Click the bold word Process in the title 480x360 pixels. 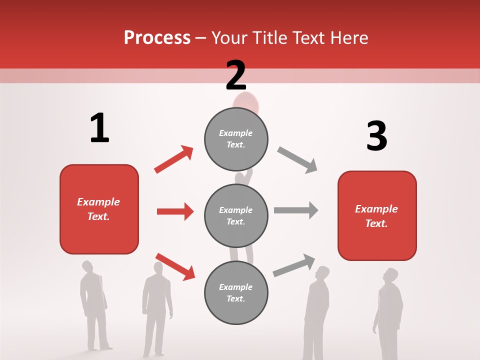(x=157, y=37)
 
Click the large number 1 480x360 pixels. (x=99, y=128)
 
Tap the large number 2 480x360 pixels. (x=236, y=75)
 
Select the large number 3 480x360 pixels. (x=376, y=136)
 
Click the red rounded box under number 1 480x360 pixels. (x=99, y=209)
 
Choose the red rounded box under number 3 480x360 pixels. (x=377, y=215)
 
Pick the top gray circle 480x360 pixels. (x=236, y=139)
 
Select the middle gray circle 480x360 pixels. (x=236, y=215)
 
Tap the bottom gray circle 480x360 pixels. (x=236, y=292)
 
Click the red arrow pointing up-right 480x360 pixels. (x=173, y=159)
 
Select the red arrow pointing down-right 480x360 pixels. (x=175, y=266)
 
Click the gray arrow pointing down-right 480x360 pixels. (x=297, y=160)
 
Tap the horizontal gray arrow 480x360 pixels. (x=296, y=210)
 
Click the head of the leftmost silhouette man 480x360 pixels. (x=88, y=266)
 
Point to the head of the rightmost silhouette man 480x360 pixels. (x=390, y=275)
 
